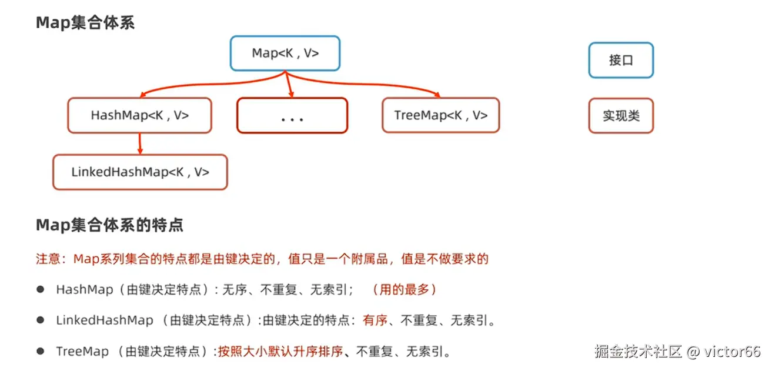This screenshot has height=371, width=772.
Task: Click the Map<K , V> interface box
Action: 285,54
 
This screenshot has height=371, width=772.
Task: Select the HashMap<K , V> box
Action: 139,116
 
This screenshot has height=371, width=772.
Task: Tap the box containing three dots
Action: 292,116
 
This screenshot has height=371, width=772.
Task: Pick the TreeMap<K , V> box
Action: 440,116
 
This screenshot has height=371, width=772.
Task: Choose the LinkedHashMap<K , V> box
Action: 140,172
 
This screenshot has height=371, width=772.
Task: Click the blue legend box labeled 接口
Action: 621,60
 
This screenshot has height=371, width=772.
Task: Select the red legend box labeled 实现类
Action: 621,116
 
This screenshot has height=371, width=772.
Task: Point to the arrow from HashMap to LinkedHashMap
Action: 140,143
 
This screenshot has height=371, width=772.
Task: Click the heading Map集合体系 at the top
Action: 85,23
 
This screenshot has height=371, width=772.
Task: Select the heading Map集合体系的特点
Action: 109,225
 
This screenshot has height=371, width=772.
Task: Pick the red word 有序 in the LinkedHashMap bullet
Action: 375,320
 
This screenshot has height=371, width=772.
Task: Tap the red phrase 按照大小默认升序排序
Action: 280,352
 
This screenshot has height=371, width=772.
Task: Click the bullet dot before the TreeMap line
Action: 41,351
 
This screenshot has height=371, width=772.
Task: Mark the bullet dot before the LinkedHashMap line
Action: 41,320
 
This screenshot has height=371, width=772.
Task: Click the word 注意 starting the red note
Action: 48,259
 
